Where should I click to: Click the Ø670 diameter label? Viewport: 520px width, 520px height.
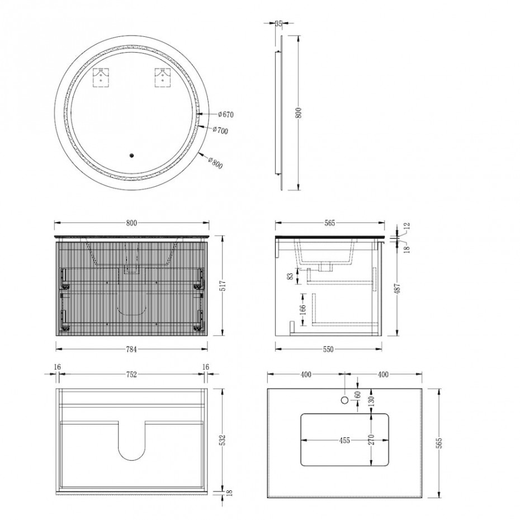click(226, 115)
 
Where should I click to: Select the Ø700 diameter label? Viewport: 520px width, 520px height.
click(220, 130)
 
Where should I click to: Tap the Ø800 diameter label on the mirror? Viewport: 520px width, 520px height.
click(215, 162)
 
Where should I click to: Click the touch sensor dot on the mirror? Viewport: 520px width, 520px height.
click(131, 155)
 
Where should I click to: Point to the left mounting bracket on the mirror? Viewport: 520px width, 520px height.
click(101, 78)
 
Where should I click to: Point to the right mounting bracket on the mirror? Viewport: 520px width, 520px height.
click(163, 78)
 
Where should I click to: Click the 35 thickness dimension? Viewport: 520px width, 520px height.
click(278, 23)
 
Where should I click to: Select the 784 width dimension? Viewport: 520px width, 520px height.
click(131, 349)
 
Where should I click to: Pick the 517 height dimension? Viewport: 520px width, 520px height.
click(223, 286)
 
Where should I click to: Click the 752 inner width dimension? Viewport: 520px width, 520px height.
click(131, 375)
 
